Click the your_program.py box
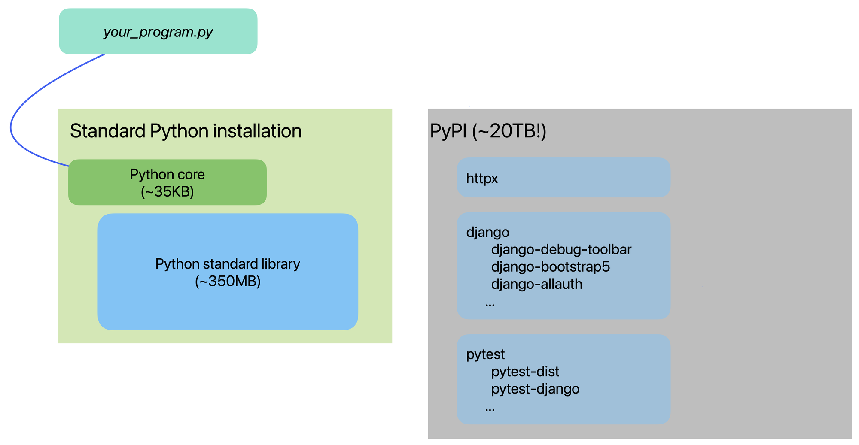pyautogui.click(x=158, y=31)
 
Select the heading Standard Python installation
pyautogui.click(x=186, y=131)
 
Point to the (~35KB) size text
pyautogui.click(x=167, y=191)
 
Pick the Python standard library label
pyautogui.click(x=227, y=263)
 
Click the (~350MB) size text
pyautogui.click(x=227, y=282)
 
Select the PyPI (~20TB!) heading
pyautogui.click(x=488, y=131)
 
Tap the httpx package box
pyautogui.click(x=563, y=178)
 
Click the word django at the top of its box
pyautogui.click(x=487, y=232)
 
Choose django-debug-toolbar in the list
pyautogui.click(x=561, y=249)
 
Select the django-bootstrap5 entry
pyautogui.click(x=550, y=266)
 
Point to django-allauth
pyautogui.click(x=536, y=284)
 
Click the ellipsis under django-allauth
pyautogui.click(x=490, y=304)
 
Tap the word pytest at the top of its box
pyautogui.click(x=485, y=354)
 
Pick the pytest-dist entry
pyautogui.click(x=525, y=371)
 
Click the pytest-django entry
pyautogui.click(x=535, y=389)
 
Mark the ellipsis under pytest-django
pyautogui.click(x=490, y=409)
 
